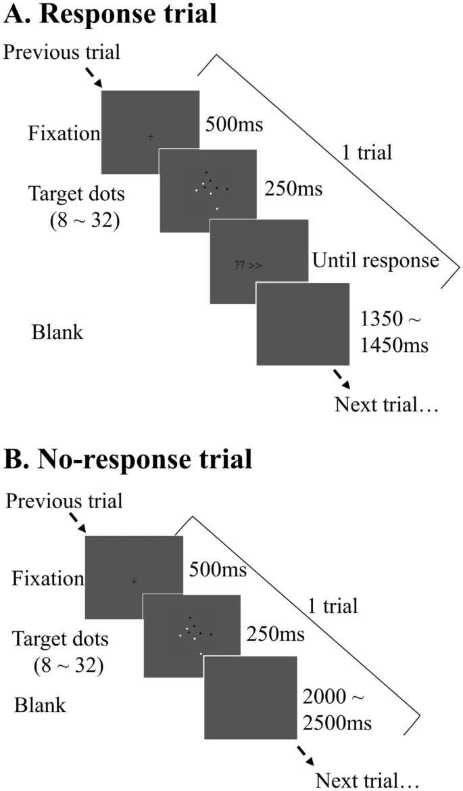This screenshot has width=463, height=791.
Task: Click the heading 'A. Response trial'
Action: pyautogui.click(x=111, y=15)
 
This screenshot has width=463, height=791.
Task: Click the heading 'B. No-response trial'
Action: pyautogui.click(x=128, y=459)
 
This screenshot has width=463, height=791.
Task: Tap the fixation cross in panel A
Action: pyautogui.click(x=150, y=137)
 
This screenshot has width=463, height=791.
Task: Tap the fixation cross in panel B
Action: pyautogui.click(x=134, y=581)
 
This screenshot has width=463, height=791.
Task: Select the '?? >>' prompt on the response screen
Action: pyautogui.click(x=248, y=266)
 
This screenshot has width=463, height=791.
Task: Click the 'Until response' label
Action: pyautogui.click(x=376, y=260)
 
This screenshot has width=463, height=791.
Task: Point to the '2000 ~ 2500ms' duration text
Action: pyautogui.click(x=337, y=710)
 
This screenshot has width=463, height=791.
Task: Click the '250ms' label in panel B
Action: pyautogui.click(x=275, y=635)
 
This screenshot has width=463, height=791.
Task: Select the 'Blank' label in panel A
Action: pyautogui.click(x=57, y=332)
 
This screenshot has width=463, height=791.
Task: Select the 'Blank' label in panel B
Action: pyautogui.click(x=41, y=705)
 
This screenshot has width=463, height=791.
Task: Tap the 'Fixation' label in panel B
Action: pyautogui.click(x=48, y=579)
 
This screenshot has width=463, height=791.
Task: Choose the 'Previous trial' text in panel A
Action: pyautogui.click(x=62, y=52)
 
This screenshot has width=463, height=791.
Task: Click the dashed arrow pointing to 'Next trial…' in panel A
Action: pyautogui.click(x=339, y=378)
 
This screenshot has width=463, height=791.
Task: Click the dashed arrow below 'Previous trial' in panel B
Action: pyautogui.click(x=76, y=522)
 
